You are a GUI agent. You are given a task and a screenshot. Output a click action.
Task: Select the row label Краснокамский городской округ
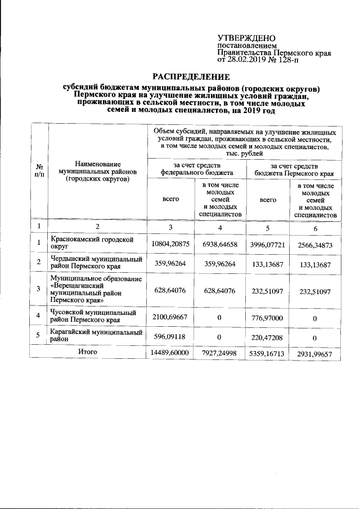[91, 242]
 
